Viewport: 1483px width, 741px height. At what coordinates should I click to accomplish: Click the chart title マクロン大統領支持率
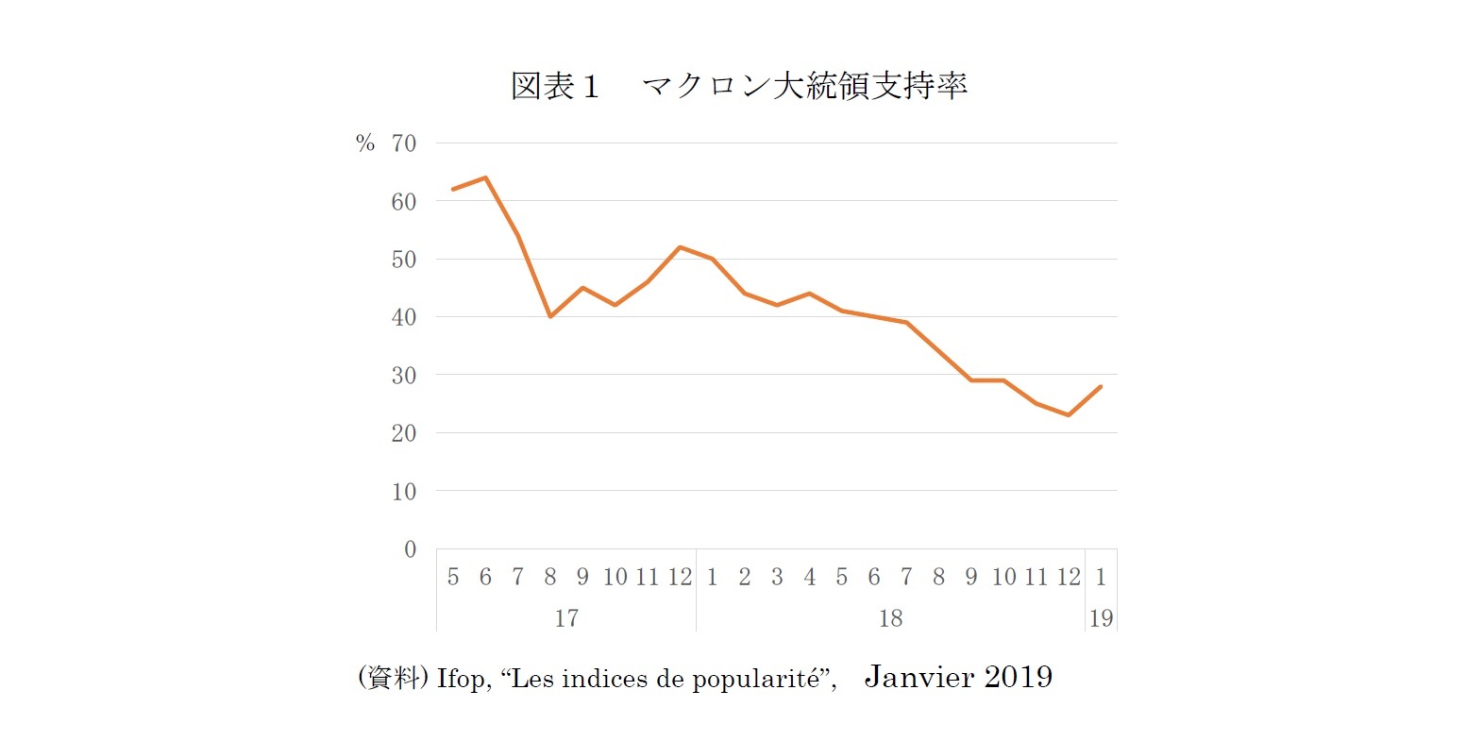pyautogui.click(x=804, y=86)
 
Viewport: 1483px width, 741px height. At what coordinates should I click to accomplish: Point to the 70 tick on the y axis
pyautogui.click(x=403, y=143)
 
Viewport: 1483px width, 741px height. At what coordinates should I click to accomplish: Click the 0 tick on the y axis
pyautogui.click(x=410, y=549)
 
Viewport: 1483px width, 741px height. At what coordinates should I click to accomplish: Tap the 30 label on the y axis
pyautogui.click(x=403, y=376)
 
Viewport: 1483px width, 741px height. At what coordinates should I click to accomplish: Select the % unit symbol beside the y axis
pyautogui.click(x=365, y=143)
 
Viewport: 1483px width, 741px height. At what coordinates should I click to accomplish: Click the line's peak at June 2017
pyautogui.click(x=485, y=177)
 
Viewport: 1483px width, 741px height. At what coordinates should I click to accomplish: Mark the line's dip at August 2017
pyautogui.click(x=550, y=316)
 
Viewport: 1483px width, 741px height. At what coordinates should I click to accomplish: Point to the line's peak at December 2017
pyautogui.click(x=680, y=247)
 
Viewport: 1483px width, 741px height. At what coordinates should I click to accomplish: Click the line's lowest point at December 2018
pyautogui.click(x=1068, y=414)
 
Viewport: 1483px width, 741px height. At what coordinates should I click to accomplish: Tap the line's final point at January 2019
pyautogui.click(x=1101, y=386)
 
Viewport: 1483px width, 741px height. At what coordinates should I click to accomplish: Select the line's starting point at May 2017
pyautogui.click(x=453, y=190)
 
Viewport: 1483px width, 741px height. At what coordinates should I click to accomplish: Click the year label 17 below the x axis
pyautogui.click(x=565, y=618)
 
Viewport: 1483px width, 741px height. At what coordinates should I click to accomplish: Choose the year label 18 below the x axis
pyautogui.click(x=890, y=618)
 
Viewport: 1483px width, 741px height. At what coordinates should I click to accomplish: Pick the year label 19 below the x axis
pyautogui.click(x=1101, y=618)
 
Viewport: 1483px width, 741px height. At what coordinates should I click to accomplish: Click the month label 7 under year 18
pyautogui.click(x=906, y=577)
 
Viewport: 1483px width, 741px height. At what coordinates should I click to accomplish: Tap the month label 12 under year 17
pyautogui.click(x=680, y=577)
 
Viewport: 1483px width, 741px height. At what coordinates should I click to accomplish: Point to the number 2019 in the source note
pyautogui.click(x=1018, y=677)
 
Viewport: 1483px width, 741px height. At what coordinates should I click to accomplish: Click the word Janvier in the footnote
pyautogui.click(x=919, y=677)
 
